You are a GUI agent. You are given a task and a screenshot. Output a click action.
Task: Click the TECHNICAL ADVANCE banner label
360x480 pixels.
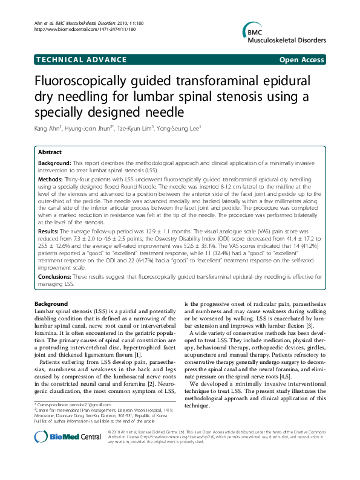tap(81, 59)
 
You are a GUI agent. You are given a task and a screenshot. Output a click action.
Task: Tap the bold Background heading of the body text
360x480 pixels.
tap(51, 303)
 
